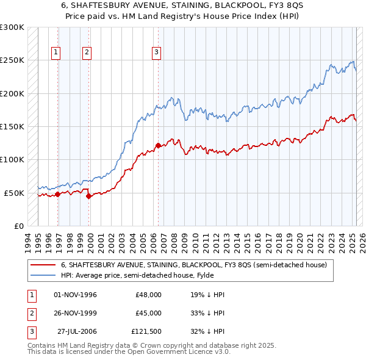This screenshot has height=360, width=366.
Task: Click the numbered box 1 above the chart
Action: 56,52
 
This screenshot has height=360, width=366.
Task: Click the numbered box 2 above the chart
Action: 87,52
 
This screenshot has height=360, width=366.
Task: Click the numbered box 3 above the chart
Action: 156,52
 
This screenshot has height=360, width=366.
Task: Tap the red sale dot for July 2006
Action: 158,145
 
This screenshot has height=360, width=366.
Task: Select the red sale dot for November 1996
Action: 57,195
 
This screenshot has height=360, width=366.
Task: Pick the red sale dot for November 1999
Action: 89,196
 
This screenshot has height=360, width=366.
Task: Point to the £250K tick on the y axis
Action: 12,60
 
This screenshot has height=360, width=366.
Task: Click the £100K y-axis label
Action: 12,159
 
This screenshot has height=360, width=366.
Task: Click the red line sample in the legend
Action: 42,265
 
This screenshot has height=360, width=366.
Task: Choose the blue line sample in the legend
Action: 42,275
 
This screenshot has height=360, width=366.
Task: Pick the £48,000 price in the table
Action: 149,295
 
